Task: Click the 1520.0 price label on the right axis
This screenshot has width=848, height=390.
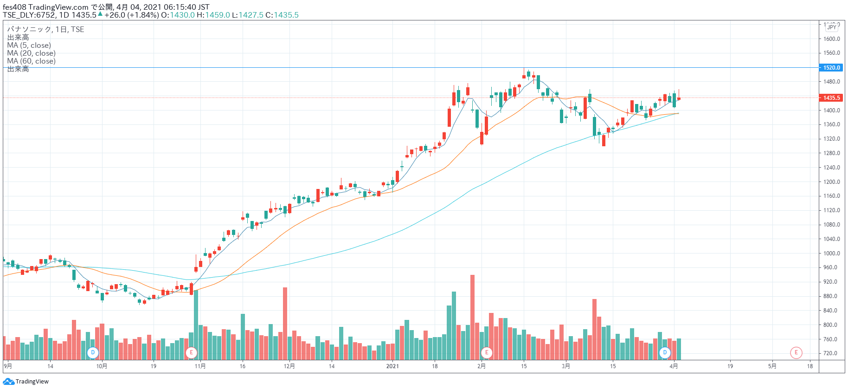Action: click(x=831, y=68)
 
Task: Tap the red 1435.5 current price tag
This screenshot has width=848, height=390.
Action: click(x=831, y=98)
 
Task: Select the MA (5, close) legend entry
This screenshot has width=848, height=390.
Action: click(x=29, y=45)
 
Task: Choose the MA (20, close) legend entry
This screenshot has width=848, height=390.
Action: click(x=31, y=53)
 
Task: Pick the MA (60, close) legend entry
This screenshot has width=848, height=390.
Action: click(x=31, y=61)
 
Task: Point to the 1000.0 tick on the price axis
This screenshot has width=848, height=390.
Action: click(x=831, y=253)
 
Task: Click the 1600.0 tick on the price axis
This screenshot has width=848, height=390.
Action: click(x=831, y=39)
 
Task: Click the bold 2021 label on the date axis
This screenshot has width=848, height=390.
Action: click(x=392, y=366)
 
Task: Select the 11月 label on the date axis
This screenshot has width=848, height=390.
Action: click(x=200, y=366)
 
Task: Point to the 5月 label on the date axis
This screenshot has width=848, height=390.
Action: click(x=772, y=366)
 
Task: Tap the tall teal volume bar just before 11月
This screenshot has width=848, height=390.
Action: click(x=196, y=325)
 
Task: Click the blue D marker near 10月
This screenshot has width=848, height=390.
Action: click(x=93, y=353)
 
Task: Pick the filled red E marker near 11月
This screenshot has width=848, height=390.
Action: click(x=191, y=353)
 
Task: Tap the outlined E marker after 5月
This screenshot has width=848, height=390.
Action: click(x=796, y=353)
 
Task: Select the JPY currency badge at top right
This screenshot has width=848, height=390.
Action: click(x=832, y=27)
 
